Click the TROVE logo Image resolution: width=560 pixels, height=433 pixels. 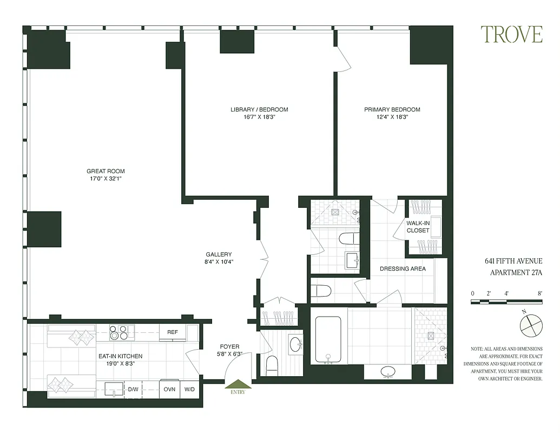511,35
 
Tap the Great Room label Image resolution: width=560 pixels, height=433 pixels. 109,172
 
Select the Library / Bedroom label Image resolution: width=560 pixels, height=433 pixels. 259,109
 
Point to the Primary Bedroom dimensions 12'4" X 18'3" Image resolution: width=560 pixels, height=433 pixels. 392,117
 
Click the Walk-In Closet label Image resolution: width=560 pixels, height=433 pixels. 418,226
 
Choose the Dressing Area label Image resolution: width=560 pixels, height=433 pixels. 403,268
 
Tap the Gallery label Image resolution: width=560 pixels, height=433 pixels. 219,254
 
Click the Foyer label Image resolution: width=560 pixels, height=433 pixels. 229,346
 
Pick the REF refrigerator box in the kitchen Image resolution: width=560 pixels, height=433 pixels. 173,332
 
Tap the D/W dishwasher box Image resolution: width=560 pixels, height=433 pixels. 133,389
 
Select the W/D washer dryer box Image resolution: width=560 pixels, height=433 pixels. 189,389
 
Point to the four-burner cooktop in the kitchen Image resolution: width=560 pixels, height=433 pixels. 122,332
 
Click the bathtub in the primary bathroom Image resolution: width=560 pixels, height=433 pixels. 328,340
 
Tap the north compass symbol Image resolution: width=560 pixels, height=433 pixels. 530,326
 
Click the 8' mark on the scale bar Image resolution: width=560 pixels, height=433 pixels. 540,294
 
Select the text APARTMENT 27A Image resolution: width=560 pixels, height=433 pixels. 516,273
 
